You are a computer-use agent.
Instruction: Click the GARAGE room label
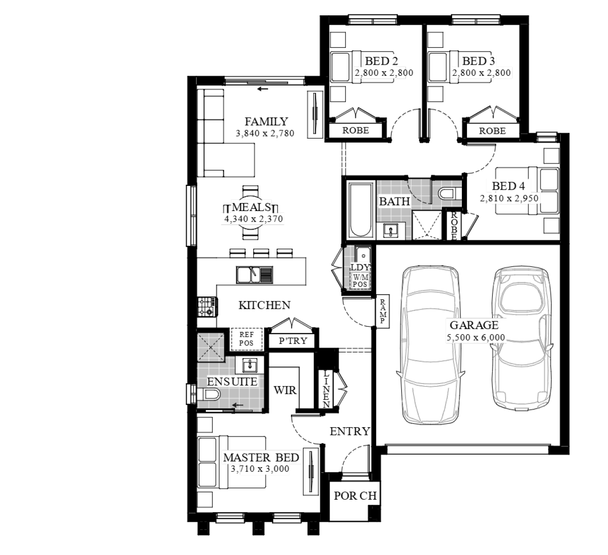coord(474,325)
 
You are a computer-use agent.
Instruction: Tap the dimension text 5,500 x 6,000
coord(476,337)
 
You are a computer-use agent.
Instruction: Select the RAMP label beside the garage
coord(383,311)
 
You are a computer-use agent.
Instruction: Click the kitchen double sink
coord(255,274)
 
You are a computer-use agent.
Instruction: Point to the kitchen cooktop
coord(208,306)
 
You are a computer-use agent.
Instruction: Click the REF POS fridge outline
coord(246,339)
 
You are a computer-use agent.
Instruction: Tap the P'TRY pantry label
coord(293,341)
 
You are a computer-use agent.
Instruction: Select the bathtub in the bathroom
coord(360,210)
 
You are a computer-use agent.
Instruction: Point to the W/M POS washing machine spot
coord(360,281)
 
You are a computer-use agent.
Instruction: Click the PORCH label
coord(355,496)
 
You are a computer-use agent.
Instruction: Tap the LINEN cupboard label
coord(326,389)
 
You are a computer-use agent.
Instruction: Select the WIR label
coord(285,390)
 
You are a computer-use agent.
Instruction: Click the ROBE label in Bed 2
coord(356,131)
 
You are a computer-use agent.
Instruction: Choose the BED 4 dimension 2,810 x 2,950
coord(509,198)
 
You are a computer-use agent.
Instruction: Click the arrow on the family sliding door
coord(263,89)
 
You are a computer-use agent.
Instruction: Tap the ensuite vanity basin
coord(250,365)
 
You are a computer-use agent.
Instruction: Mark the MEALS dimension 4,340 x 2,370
coord(253,219)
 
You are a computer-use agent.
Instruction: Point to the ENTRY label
coord(350,431)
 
